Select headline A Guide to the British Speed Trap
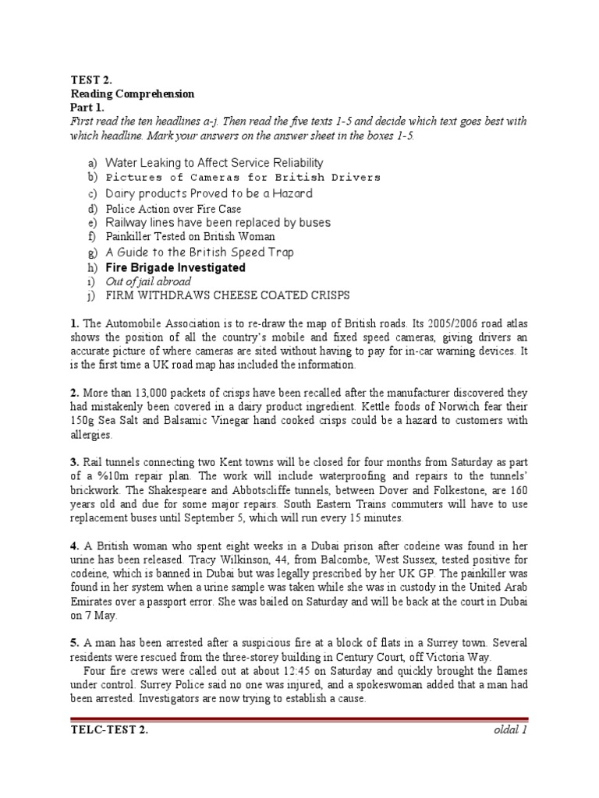200,252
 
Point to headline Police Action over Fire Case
173,209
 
